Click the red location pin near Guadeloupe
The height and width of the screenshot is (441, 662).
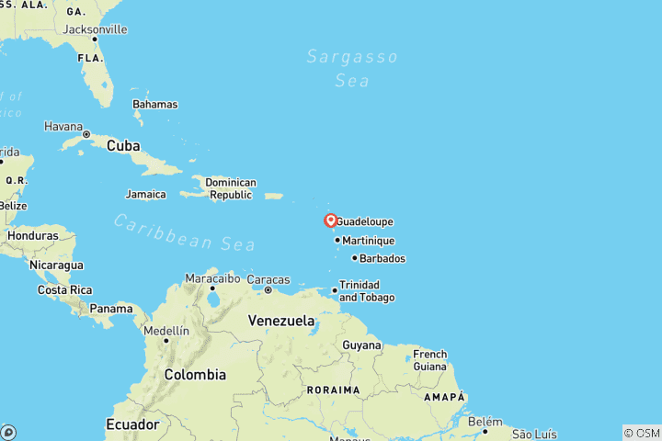(330, 220)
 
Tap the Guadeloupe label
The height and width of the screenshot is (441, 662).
(365, 221)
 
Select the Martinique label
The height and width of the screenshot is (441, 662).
(368, 241)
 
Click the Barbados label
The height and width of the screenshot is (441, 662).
(382, 258)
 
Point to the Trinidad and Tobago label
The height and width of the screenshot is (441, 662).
(367, 291)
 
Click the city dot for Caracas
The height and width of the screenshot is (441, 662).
(268, 290)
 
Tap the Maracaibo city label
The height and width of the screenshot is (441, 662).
(211, 277)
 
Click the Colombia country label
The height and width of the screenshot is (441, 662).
(195, 375)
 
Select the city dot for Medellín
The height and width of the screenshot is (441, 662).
(166, 341)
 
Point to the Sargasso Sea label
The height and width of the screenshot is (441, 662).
(352, 69)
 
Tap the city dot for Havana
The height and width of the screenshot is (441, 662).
(86, 134)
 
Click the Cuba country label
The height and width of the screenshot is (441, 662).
(123, 146)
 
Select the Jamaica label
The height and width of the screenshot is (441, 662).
(146, 194)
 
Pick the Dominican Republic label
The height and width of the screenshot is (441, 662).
(231, 188)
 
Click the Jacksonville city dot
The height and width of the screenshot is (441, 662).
(94, 39)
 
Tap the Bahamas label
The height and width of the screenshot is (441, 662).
(154, 105)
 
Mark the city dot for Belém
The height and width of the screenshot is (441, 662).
(485, 430)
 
